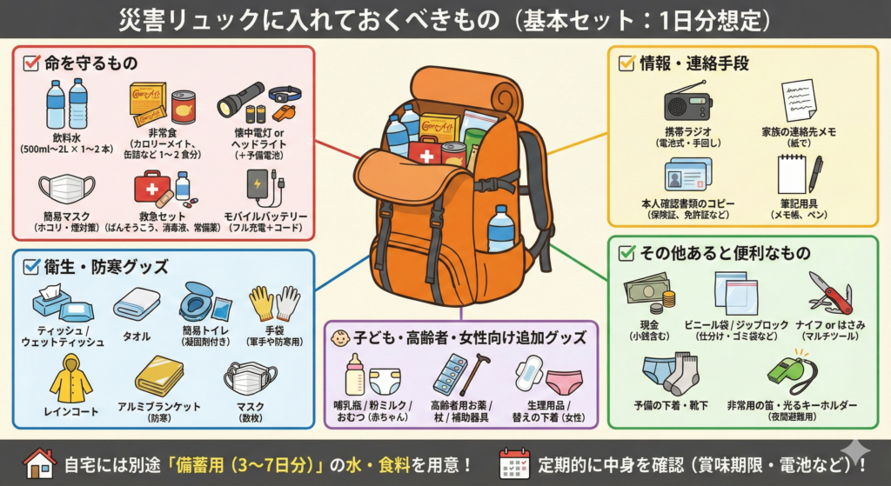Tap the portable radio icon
click(x=687, y=103)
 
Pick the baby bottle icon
click(x=353, y=373)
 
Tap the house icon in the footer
click(x=39, y=463)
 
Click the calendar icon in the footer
click(x=514, y=463)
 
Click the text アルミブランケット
click(x=158, y=407)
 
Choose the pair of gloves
click(x=274, y=303)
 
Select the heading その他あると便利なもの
click(x=725, y=253)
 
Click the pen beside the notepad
click(x=815, y=174)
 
